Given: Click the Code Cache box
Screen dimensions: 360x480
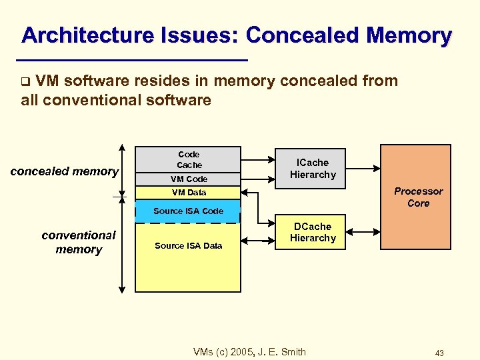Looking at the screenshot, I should point(189,159).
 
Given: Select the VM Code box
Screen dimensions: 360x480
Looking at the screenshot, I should point(189,179).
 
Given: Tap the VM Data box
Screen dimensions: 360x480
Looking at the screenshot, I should point(189,192).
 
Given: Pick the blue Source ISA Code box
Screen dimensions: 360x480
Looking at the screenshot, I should point(189,211).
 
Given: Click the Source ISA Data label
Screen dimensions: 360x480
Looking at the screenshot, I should point(189,245).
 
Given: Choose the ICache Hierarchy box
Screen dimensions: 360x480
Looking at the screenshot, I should point(313,168).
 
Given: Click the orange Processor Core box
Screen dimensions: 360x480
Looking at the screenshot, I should point(418,197).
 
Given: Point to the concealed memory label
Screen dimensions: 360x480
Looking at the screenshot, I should point(65,171).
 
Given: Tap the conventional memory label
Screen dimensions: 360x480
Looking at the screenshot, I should point(79,242).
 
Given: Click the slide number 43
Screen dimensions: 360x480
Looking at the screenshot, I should point(439,353).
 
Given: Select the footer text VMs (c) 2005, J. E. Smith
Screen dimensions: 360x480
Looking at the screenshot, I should point(249,351).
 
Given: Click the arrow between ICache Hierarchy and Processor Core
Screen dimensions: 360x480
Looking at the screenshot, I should point(363,168).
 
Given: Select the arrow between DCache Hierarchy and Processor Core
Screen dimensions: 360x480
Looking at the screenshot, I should point(363,232).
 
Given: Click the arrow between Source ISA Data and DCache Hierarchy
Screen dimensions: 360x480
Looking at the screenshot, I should point(259,236).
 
